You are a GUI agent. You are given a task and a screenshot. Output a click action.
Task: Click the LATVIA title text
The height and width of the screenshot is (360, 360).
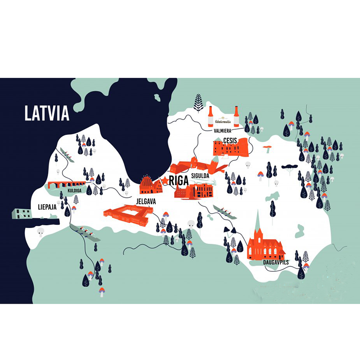pos(47,113)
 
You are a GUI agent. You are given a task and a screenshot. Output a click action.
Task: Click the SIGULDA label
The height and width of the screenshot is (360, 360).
pos(200,175)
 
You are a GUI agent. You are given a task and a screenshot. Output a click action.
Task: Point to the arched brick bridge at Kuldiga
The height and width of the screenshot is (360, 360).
pos(67,184)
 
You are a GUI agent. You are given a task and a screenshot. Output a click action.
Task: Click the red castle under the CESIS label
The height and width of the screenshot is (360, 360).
pos(230,148)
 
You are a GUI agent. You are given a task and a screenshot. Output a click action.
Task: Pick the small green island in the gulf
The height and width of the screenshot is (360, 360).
pos(157,97)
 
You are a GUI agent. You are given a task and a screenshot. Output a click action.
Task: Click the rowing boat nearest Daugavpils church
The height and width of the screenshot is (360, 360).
pos(225,212)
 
